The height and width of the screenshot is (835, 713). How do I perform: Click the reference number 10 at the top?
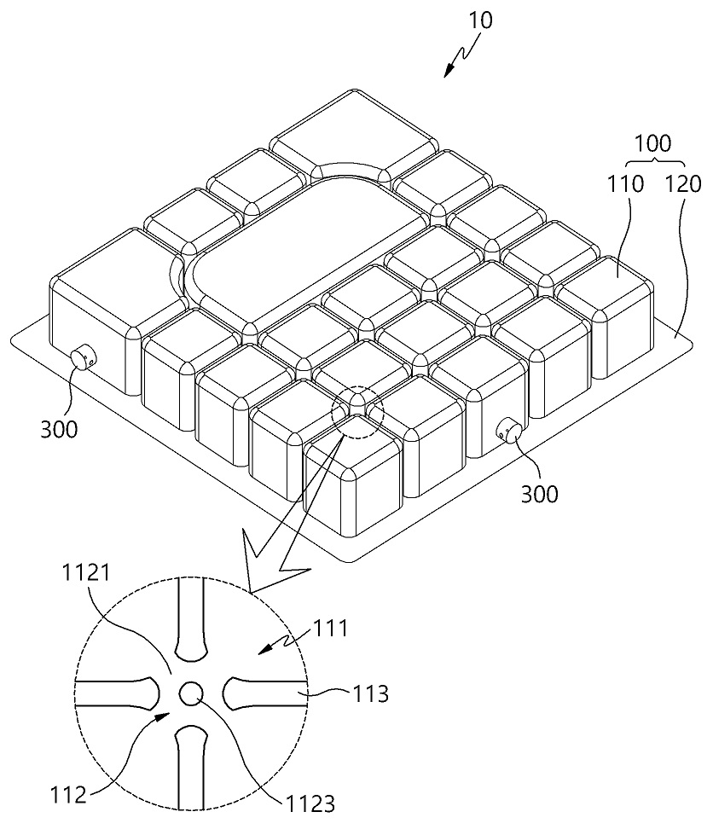click(480, 20)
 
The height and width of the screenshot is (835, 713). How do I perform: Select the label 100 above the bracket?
click(653, 144)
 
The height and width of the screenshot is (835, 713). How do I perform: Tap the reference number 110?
click(626, 184)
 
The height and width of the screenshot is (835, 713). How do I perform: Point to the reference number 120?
click(684, 184)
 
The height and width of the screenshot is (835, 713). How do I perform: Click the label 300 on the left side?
click(59, 429)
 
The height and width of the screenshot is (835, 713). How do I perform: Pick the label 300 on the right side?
click(539, 494)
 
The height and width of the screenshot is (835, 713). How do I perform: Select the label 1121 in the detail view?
click(86, 573)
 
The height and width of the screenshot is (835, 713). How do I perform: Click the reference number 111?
click(330, 629)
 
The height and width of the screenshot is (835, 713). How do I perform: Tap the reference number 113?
click(371, 694)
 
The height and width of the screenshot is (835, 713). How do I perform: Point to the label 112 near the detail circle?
click(68, 796)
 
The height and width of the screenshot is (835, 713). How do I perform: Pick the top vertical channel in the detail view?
click(191, 618)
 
